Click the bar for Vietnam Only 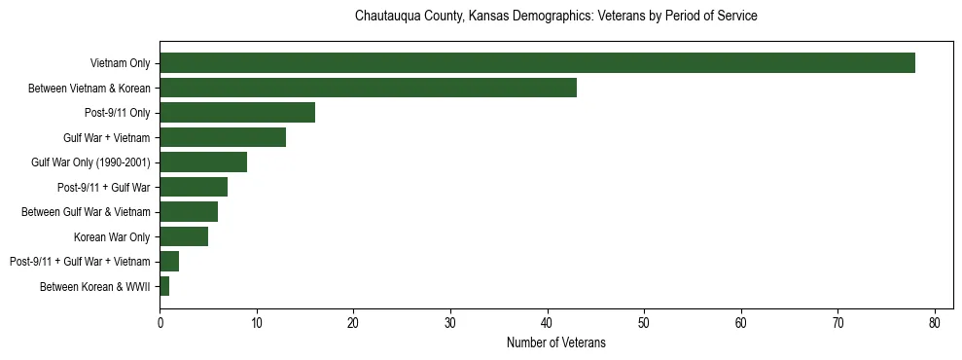(537, 63)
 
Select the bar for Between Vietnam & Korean (368, 88)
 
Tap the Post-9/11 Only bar (237, 113)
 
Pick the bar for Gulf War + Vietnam (223, 137)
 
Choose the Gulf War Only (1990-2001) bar (203, 162)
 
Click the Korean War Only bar (184, 236)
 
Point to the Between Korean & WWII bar (164, 286)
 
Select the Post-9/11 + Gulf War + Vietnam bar (169, 262)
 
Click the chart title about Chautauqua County (555, 17)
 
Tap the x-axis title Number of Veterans (555, 342)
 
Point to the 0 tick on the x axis (160, 323)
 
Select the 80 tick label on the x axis (935, 323)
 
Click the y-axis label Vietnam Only (120, 63)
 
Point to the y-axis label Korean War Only (112, 236)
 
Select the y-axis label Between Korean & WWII (95, 286)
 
